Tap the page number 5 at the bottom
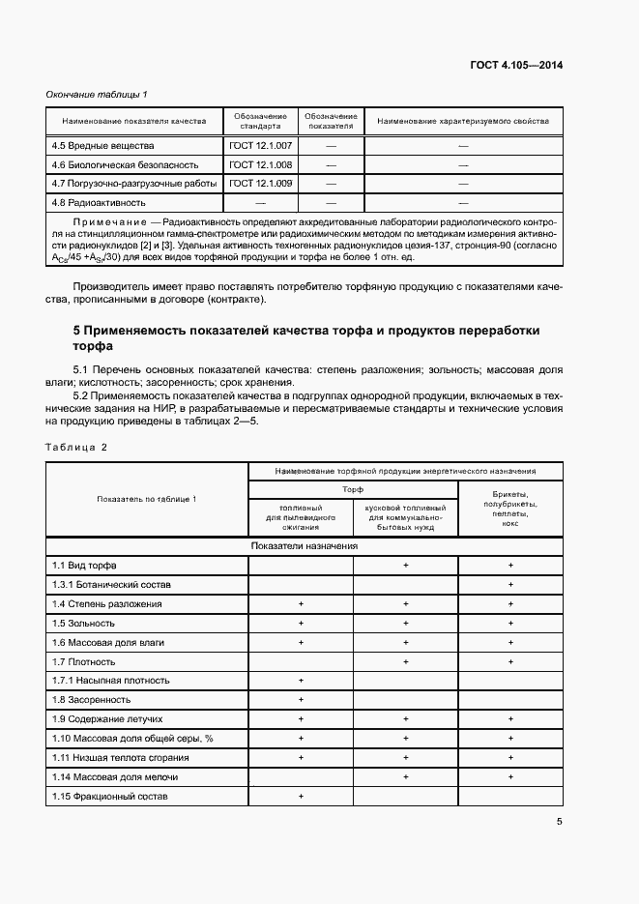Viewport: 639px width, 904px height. (x=560, y=822)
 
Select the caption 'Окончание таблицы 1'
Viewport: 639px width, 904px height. (x=97, y=94)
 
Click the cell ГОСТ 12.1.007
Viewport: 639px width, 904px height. (x=260, y=145)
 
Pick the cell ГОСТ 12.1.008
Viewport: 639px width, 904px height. (x=260, y=164)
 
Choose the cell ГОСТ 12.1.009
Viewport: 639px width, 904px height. (x=260, y=183)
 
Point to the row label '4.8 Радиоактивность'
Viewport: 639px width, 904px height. (x=99, y=203)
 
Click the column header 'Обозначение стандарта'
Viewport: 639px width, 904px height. (x=260, y=121)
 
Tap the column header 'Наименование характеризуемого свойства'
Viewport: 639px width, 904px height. (x=463, y=121)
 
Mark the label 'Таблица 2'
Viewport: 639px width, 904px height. (x=76, y=447)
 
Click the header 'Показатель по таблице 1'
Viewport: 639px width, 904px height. (x=147, y=498)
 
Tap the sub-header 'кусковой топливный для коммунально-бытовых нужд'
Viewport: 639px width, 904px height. (x=405, y=517)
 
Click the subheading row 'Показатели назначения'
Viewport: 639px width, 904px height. (x=305, y=545)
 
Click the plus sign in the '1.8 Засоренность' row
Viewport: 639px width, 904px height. (x=301, y=699)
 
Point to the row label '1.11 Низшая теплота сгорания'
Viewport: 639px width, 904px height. (x=120, y=757)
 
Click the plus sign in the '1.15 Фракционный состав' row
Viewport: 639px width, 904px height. (x=301, y=796)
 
